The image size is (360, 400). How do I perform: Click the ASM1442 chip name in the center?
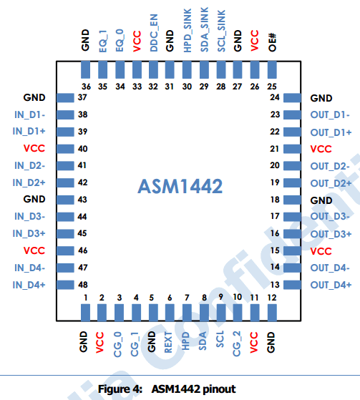(x=180, y=186)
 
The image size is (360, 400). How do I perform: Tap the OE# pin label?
(x=272, y=42)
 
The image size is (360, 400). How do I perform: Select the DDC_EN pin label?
(x=154, y=33)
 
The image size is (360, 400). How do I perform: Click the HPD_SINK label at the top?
(x=188, y=31)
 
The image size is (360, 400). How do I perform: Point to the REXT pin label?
(x=168, y=342)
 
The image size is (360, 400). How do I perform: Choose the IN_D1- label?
(x=29, y=114)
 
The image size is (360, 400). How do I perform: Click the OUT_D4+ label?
(x=331, y=285)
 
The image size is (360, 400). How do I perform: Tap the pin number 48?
(x=83, y=285)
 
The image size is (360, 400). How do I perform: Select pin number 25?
(x=272, y=87)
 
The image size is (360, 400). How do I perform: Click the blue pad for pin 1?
(x=85, y=313)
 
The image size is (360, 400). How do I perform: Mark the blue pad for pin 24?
(x=292, y=98)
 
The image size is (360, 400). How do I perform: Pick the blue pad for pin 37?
(x=66, y=98)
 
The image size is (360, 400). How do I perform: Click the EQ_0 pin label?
(x=120, y=40)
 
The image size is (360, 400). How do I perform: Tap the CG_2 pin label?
(x=237, y=343)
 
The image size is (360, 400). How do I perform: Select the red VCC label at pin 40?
(x=34, y=148)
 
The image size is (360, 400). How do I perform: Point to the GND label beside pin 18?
(x=321, y=200)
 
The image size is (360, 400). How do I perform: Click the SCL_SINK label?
(x=221, y=31)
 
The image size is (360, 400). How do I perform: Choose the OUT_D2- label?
(x=330, y=166)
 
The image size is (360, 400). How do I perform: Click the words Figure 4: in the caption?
(x=120, y=389)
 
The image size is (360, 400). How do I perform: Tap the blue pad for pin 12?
(x=272, y=313)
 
